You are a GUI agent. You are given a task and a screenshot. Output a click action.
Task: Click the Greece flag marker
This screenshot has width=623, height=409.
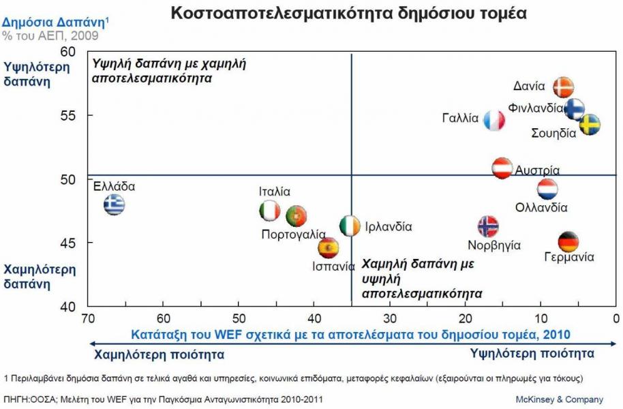[115, 204]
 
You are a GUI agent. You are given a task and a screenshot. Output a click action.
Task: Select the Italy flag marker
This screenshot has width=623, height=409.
[270, 211]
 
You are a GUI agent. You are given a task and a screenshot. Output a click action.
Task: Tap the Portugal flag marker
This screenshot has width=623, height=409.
[297, 216]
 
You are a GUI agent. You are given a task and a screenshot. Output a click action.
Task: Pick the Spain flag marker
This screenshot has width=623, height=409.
[329, 247]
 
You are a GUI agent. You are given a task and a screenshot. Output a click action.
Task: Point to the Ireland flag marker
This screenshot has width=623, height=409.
[350, 226]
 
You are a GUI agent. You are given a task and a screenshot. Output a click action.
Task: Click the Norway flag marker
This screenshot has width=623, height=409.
[488, 226]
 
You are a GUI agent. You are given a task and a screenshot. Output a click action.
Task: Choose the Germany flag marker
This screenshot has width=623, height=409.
[568, 241]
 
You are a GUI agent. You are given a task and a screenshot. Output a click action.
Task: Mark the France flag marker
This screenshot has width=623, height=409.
[494, 121]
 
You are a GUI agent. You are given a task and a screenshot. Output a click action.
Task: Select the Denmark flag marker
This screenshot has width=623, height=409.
[563, 87]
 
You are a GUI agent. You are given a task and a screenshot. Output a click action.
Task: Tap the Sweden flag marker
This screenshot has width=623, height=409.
[590, 125]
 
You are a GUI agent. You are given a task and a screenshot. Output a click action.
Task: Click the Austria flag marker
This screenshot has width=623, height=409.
[502, 168]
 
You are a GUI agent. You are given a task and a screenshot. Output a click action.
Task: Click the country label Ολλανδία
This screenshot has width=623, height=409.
[541, 207]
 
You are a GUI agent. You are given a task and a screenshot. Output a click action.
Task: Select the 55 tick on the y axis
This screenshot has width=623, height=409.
[68, 115]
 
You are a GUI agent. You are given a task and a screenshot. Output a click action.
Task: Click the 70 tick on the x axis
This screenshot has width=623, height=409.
[87, 318]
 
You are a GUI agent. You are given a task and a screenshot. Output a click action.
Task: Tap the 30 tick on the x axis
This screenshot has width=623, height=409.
[389, 318]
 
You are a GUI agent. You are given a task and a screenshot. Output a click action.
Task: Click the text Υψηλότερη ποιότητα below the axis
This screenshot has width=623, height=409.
[532, 353]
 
